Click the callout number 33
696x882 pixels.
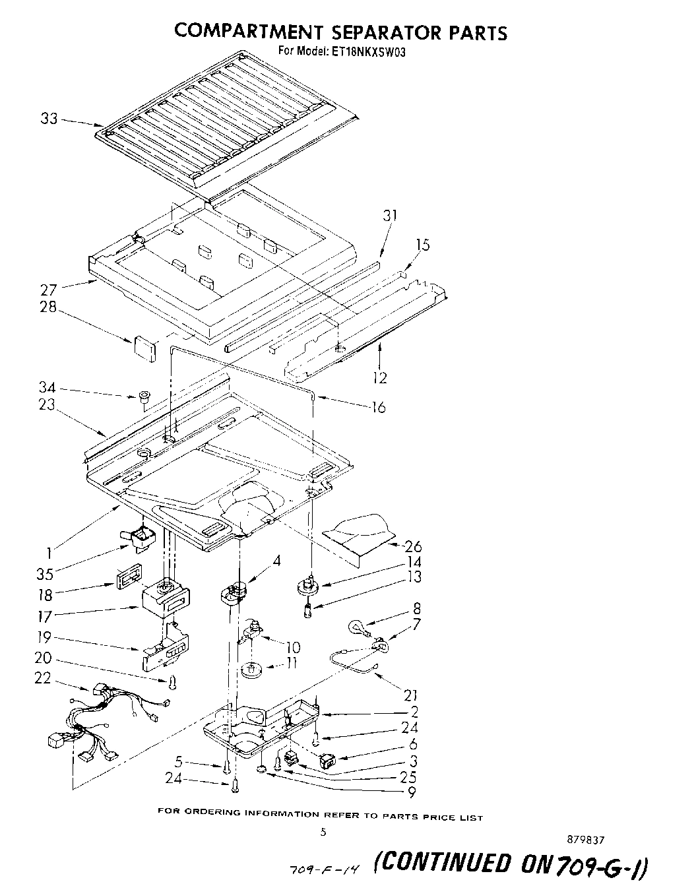pos(49,119)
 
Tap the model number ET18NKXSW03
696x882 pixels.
pos(366,51)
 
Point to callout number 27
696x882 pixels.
pos(49,288)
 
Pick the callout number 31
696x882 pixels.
pos(391,216)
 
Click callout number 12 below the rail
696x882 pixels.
pos(380,378)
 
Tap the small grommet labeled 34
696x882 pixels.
pos(143,397)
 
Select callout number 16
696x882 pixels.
pos(379,407)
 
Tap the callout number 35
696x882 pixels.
pos(45,573)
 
